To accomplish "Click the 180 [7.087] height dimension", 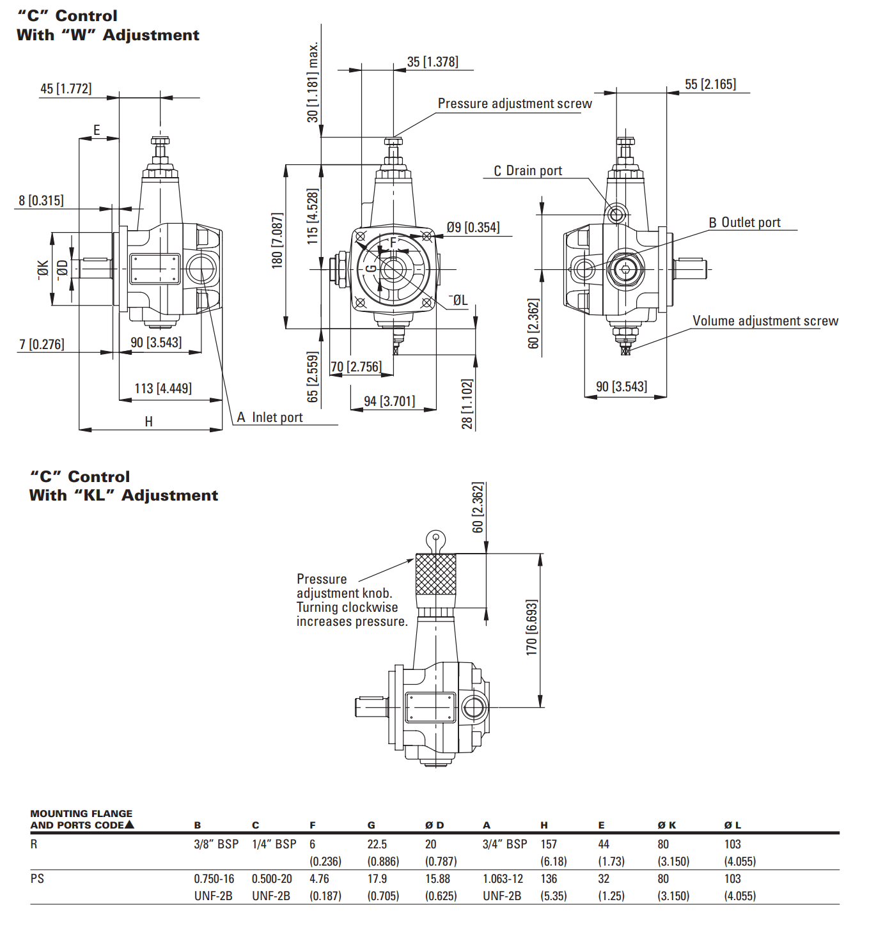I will point(277,240).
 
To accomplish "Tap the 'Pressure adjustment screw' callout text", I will point(514,104).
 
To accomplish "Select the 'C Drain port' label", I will point(528,171).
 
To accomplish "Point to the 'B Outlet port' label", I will point(744,222).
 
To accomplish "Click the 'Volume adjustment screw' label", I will point(765,321).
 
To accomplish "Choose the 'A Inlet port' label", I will point(269,417).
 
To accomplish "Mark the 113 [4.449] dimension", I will point(162,389).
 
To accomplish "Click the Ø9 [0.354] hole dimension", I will point(473,228).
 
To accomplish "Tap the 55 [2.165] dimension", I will point(710,84).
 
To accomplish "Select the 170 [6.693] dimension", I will point(531,627).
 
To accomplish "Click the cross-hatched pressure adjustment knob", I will point(436,573).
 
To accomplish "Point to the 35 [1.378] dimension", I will point(432,62).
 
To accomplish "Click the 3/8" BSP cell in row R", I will point(216,845).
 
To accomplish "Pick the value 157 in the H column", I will point(549,845).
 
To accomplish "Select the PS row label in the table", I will point(37,879).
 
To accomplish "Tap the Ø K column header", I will point(666,825).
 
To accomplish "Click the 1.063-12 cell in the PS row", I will point(503,879).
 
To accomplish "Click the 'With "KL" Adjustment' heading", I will point(123,495).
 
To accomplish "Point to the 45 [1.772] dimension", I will point(66,89).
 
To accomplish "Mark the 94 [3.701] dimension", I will point(389,401).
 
